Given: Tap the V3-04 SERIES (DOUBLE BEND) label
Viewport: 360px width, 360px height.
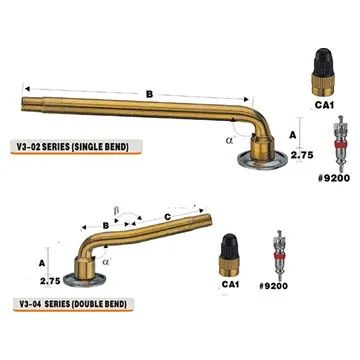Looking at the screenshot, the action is point(73,304).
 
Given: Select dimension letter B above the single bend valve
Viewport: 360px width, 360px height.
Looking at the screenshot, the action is point(149,94).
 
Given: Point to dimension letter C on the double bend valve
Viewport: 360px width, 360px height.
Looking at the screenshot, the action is point(168,217).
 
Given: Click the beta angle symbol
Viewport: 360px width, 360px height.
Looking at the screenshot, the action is point(116,211).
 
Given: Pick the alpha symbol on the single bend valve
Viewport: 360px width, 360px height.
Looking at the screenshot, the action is point(228,140).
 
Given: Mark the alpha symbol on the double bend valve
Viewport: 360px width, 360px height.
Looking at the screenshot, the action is point(106,262).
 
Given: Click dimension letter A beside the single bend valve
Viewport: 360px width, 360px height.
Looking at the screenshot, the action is point(293,135).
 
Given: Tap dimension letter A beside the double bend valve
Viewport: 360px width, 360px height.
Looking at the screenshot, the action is point(42,263).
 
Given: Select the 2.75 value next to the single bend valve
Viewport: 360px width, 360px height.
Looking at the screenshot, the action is point(302,155).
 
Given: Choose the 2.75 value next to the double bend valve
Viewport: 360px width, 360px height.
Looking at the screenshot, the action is point(50,281).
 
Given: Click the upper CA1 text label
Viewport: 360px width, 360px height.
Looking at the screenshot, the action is point(324,105).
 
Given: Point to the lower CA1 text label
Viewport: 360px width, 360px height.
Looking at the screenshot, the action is point(230,284).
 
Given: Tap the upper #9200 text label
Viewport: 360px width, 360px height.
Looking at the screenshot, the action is point(334,178).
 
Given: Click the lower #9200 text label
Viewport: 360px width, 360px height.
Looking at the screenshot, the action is point(273,286).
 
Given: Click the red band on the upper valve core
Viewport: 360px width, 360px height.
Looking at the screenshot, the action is point(340,144).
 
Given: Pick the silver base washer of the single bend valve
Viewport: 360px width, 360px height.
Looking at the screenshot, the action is point(262,161).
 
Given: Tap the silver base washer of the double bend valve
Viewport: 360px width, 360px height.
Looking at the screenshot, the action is point(84,278).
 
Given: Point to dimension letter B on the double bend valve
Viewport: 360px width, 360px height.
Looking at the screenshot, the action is point(106,225).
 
